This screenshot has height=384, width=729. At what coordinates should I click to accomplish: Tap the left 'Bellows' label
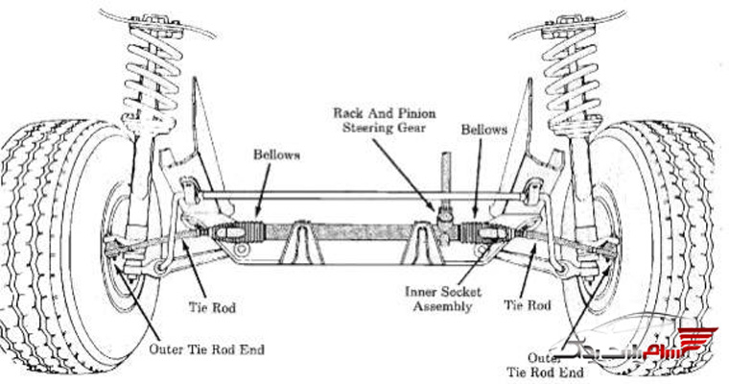276,154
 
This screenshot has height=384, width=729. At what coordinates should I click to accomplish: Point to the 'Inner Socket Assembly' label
443,300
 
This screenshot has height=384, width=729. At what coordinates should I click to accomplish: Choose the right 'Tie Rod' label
528,305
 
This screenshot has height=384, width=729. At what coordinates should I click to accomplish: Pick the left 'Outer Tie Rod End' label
206,349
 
